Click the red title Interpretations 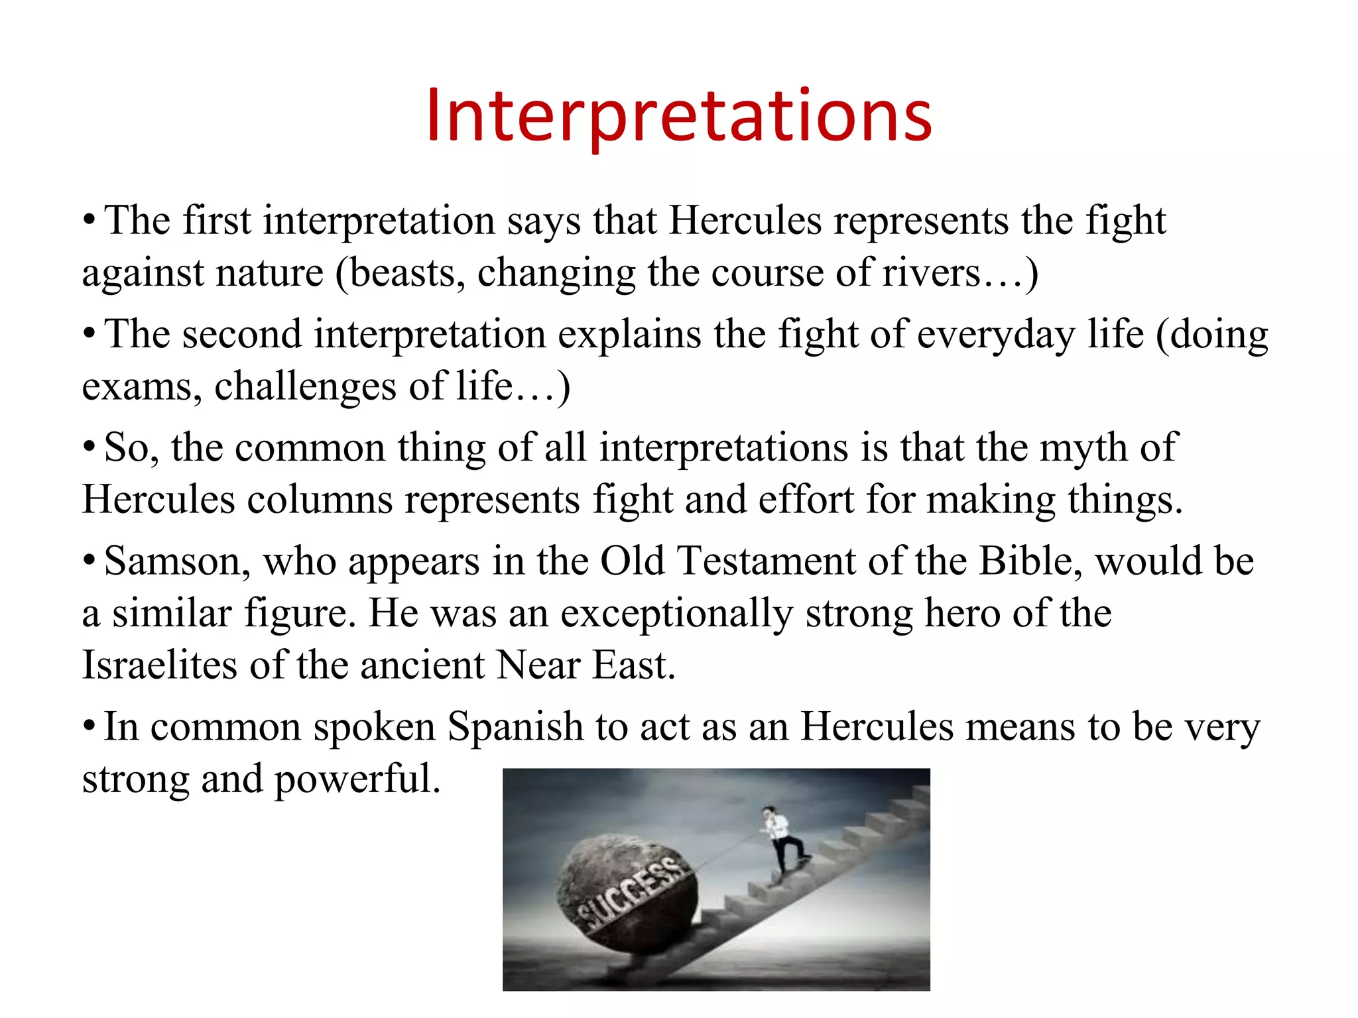tap(679, 117)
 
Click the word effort tap(806, 500)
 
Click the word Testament tap(767, 562)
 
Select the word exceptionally tap(676, 614)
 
